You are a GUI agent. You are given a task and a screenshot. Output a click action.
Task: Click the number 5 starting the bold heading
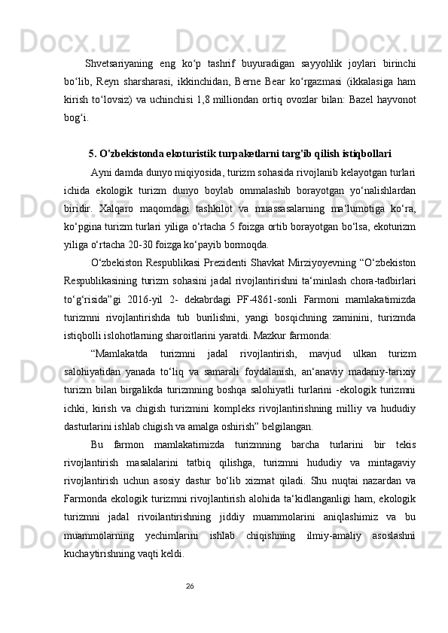pyautogui.click(x=91, y=153)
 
